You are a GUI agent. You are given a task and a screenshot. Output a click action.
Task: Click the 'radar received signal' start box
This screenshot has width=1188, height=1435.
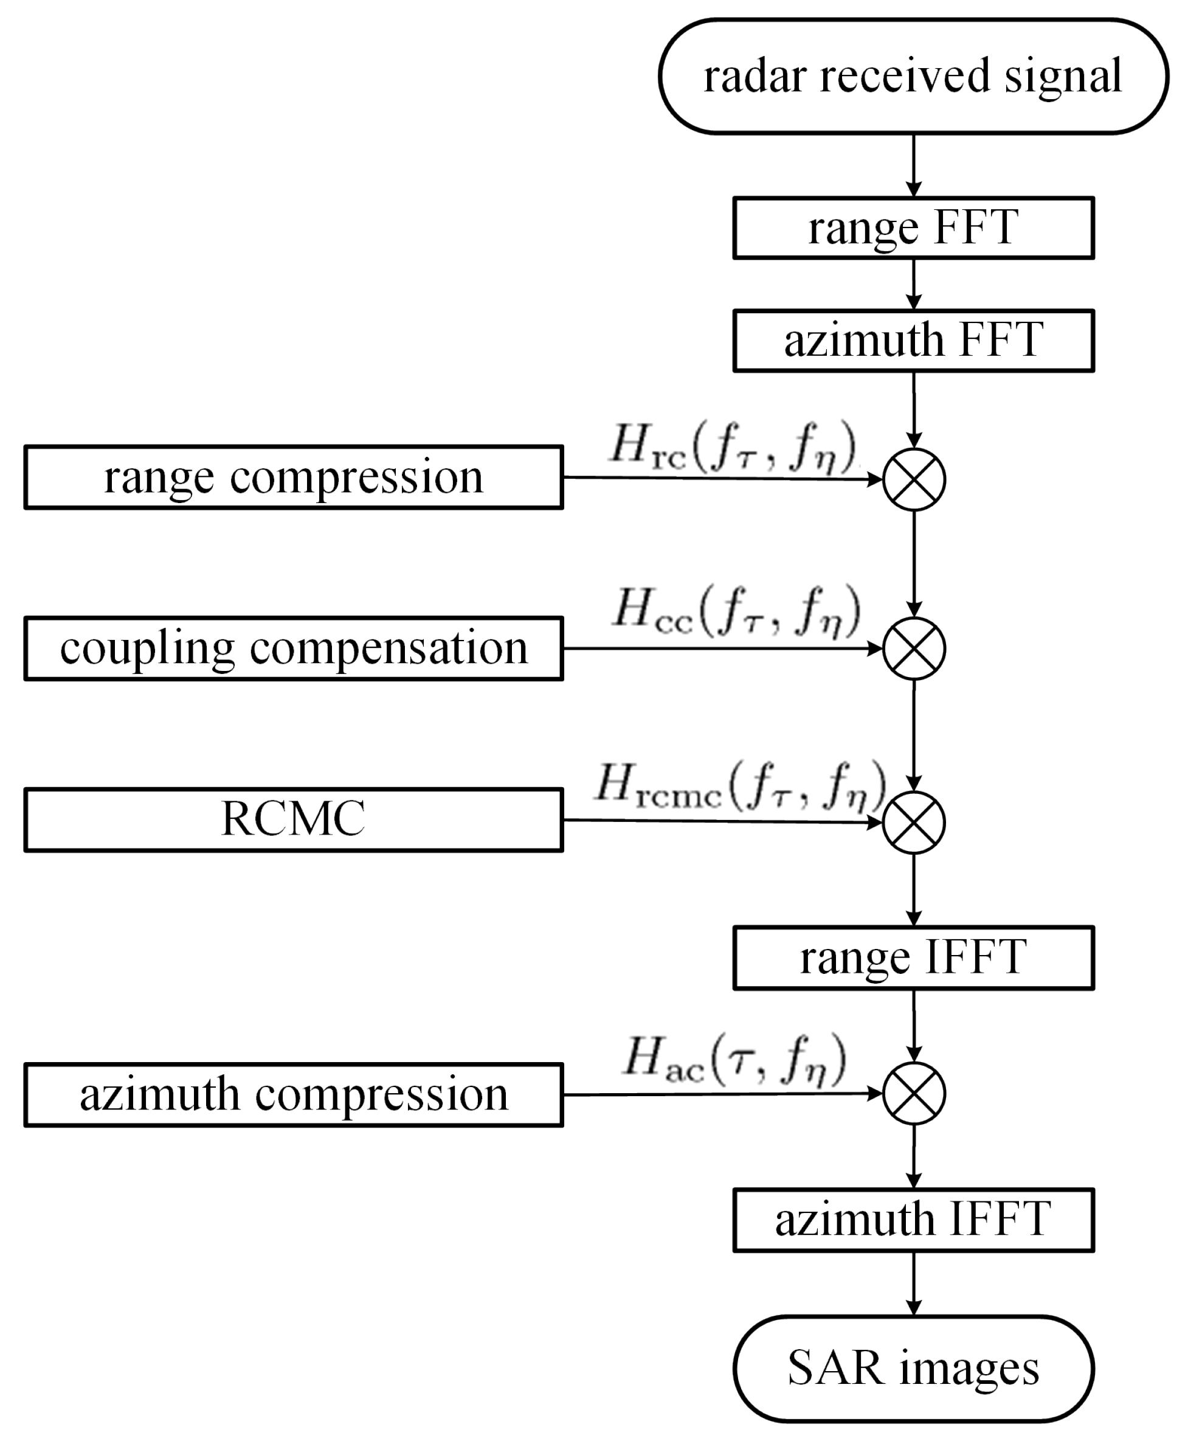913,76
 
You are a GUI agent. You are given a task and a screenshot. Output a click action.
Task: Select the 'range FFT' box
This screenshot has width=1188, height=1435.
913,228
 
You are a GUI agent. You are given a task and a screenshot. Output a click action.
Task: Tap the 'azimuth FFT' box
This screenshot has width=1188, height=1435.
913,340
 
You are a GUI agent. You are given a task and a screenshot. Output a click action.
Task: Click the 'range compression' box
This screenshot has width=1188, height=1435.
293,477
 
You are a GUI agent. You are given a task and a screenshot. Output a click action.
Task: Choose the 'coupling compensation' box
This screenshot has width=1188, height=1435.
293,648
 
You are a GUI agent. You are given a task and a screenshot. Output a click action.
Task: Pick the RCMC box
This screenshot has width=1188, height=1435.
293,819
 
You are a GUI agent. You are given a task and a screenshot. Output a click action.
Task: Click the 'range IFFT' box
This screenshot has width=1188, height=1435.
913,958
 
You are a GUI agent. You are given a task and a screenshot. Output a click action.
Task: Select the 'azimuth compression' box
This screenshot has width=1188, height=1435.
293,1095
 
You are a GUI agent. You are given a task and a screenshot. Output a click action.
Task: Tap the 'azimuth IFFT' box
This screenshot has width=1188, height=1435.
913,1220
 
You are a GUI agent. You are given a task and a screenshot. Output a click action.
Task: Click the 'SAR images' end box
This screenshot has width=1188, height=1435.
913,1369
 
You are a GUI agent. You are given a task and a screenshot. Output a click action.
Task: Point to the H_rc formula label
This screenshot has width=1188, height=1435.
733,448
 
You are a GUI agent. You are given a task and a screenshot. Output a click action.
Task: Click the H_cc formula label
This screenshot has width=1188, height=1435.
736,611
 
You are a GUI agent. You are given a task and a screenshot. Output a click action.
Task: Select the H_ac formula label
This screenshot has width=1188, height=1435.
735,1060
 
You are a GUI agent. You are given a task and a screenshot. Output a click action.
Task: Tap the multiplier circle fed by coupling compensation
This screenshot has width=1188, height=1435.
913,648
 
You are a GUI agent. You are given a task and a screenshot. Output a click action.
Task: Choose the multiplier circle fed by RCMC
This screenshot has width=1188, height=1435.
913,822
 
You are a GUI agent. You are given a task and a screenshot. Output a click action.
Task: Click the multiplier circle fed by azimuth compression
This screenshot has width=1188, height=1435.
913,1093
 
